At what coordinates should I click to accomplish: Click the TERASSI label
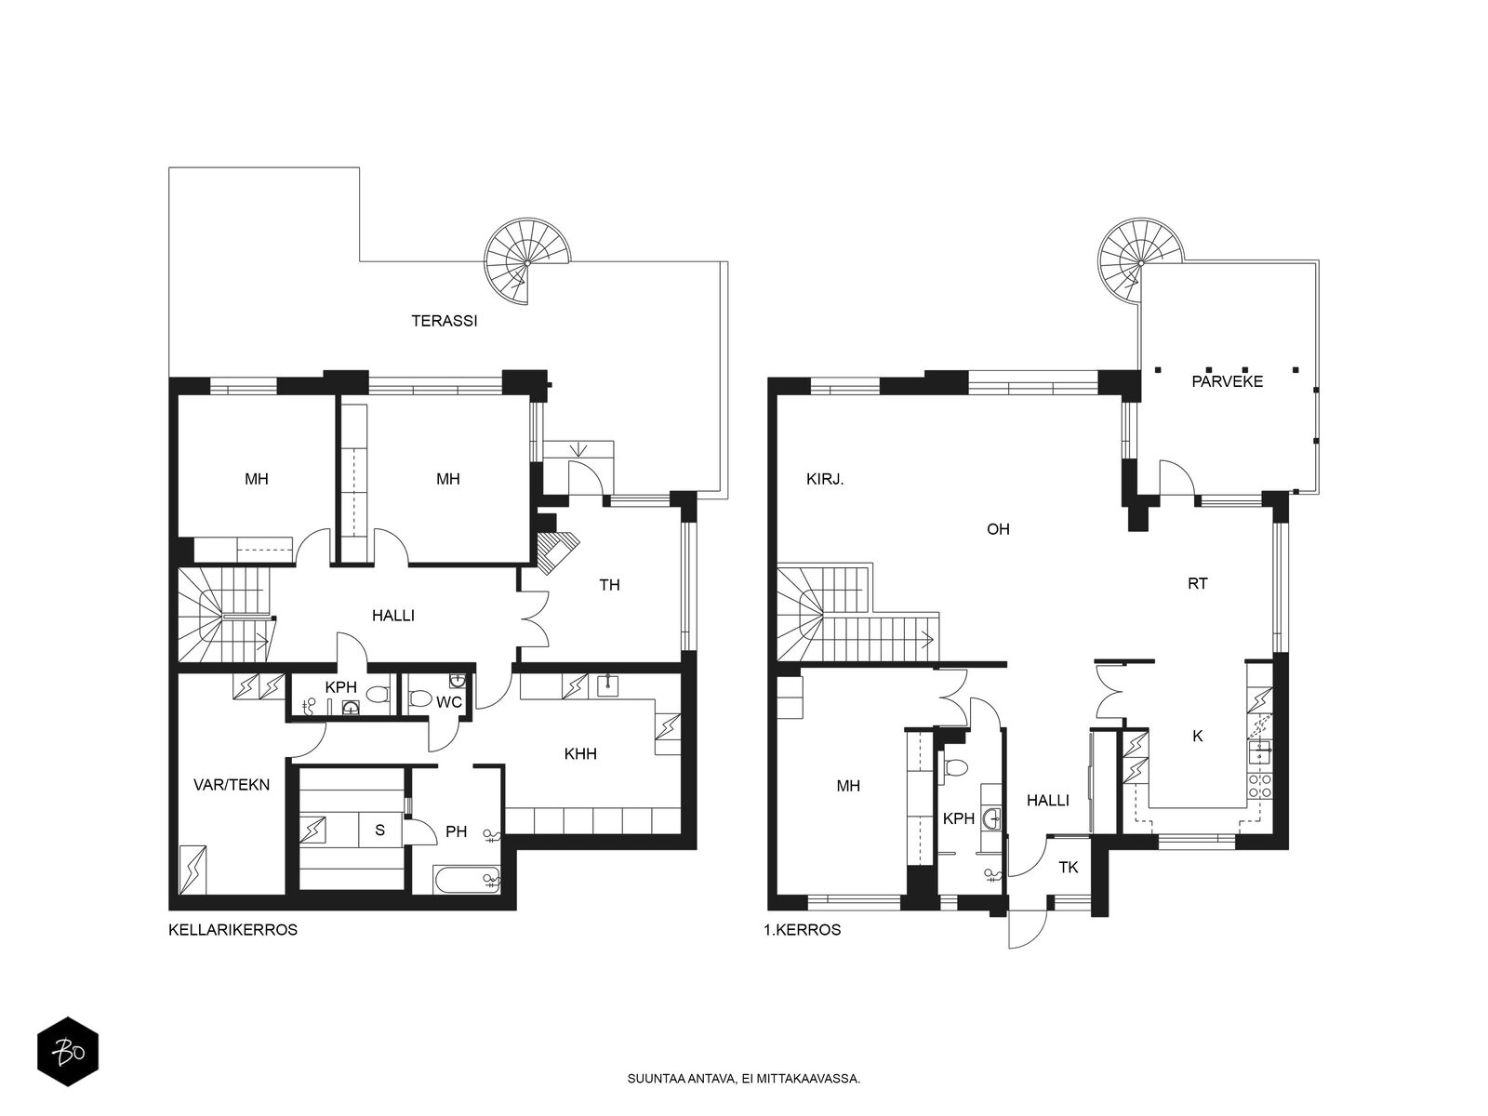(x=444, y=321)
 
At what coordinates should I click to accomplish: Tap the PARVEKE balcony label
(x=1227, y=381)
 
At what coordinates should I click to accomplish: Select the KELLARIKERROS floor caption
(x=232, y=930)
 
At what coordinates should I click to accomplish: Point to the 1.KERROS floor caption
(x=802, y=930)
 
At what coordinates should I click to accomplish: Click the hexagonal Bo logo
(x=68, y=1052)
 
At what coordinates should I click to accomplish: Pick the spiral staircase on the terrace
(x=526, y=261)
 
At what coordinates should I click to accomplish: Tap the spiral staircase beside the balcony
(x=1140, y=261)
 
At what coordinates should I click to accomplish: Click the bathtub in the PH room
(x=467, y=880)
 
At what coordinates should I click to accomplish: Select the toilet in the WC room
(x=421, y=698)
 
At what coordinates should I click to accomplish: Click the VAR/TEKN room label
(x=232, y=785)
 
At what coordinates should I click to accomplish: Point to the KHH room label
(x=580, y=753)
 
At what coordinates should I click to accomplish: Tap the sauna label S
(x=379, y=830)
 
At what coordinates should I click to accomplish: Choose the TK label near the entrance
(x=1069, y=868)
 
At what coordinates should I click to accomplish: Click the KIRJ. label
(x=825, y=479)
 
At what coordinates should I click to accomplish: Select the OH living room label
(x=998, y=528)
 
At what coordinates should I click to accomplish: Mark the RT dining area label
(x=1197, y=583)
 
